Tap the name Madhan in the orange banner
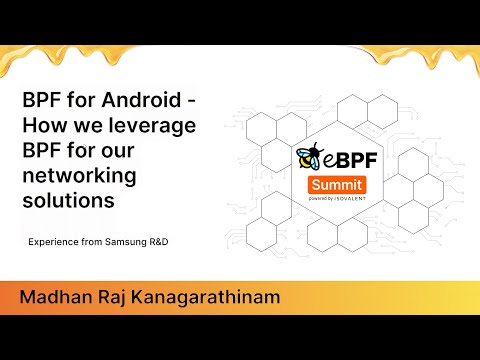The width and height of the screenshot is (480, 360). tap(55, 298)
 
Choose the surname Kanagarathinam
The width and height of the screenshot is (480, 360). tap(205, 298)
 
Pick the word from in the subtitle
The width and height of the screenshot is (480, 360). tap(97, 243)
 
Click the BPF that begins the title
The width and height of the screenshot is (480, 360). tap(42, 101)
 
